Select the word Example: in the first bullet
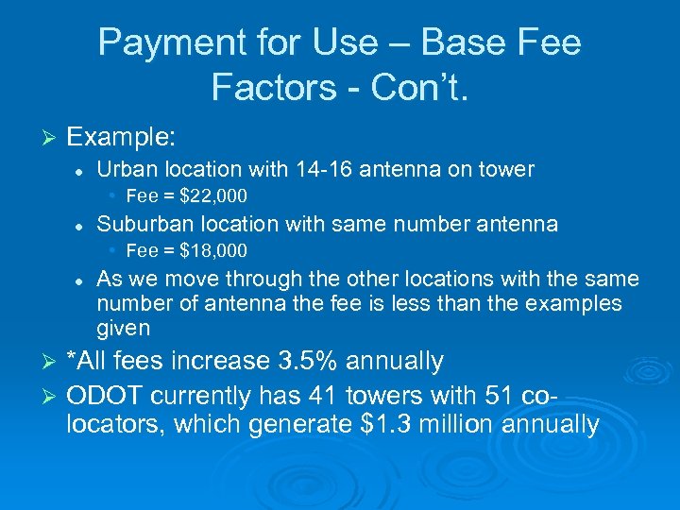click(x=121, y=138)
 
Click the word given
click(x=123, y=329)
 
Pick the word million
click(x=460, y=425)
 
